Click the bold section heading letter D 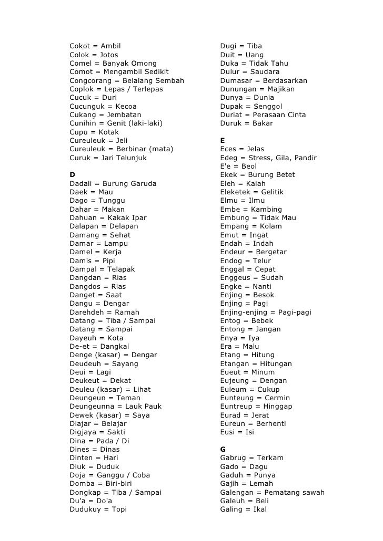coord(72,175)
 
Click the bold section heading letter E coord(223,141)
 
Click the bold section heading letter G coord(223,450)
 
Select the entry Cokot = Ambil coord(95,46)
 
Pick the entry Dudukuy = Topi coord(98,509)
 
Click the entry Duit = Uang coord(241,55)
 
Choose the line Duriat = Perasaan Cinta coord(263,115)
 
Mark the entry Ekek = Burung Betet coord(257,175)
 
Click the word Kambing coord(267,210)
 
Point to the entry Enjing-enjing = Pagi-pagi coord(265,313)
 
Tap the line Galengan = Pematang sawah coord(272,493)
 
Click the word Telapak coord(121,269)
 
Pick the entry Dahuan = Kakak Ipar coord(108,218)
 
